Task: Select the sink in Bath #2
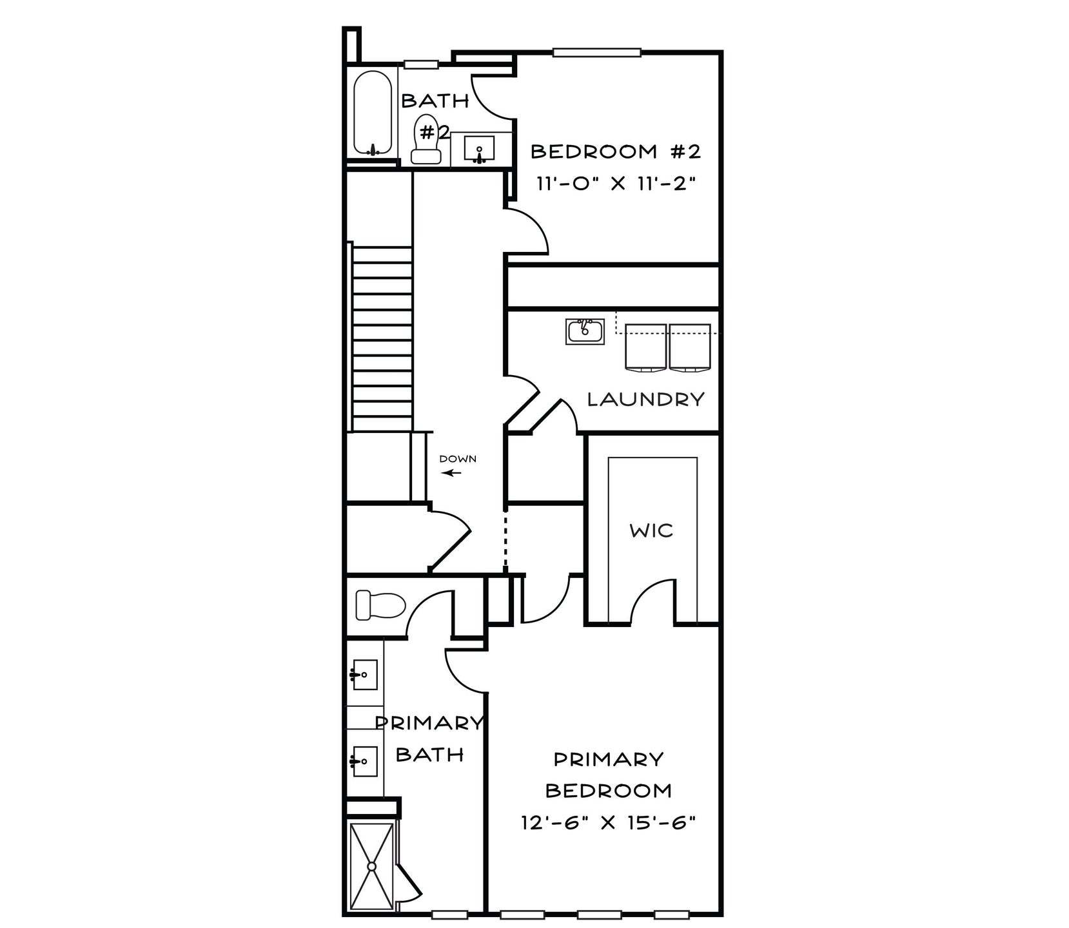[x=479, y=150]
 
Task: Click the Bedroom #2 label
[x=615, y=152]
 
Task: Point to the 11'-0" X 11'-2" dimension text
[x=617, y=184]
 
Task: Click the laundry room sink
[x=585, y=331]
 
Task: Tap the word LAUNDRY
[x=645, y=400]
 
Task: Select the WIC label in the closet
[x=652, y=531]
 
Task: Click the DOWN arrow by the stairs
[x=452, y=473]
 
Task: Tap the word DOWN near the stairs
[x=458, y=459]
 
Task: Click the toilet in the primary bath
[x=380, y=605]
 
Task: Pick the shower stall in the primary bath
[x=371, y=867]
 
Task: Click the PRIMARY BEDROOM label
[x=609, y=775]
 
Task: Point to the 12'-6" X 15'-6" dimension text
[x=611, y=823]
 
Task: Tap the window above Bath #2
[x=422, y=64]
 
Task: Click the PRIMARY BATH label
[x=429, y=739]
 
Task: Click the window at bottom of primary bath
[x=449, y=913]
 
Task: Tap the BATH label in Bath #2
[x=435, y=101]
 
